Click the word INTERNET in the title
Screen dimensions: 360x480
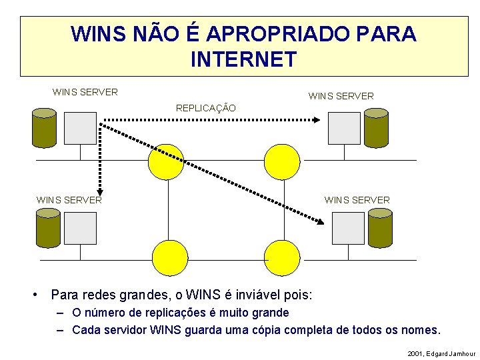click(x=243, y=59)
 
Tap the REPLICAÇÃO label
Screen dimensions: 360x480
click(x=205, y=107)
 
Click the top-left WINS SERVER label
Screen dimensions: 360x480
click(x=85, y=92)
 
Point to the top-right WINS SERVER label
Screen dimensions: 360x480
click(x=341, y=96)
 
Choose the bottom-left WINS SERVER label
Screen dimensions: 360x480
click(x=69, y=199)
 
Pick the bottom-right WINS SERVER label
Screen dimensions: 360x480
click(x=357, y=199)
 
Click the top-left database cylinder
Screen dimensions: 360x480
click(x=45, y=128)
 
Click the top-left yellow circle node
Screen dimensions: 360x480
click(x=165, y=161)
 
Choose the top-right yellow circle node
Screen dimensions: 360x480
click(x=283, y=161)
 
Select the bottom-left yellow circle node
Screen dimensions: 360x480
click(x=170, y=257)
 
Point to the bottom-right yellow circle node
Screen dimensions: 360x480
click(x=283, y=257)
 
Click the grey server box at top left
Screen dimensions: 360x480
click(x=81, y=128)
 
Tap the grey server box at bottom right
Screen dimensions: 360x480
click(x=348, y=227)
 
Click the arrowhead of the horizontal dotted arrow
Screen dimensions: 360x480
click(x=317, y=120)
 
